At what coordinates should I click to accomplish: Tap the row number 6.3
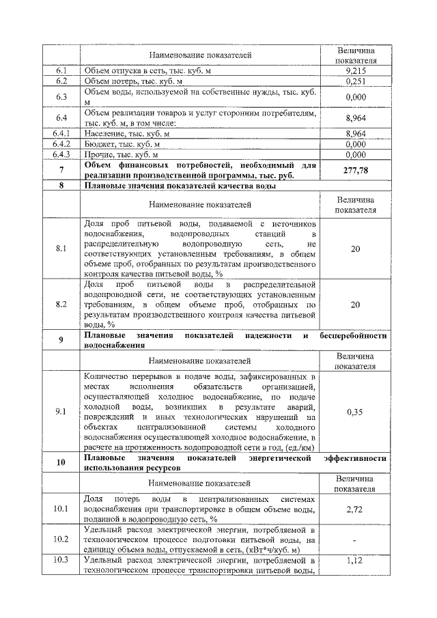(x=61, y=97)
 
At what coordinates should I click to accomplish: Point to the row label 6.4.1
(x=61, y=133)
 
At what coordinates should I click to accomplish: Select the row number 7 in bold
(x=61, y=170)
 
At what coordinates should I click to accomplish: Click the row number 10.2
(x=61, y=539)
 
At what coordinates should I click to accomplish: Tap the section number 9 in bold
(x=61, y=341)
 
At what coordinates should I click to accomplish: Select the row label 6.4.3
(x=61, y=155)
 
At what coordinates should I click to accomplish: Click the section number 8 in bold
(x=61, y=185)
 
